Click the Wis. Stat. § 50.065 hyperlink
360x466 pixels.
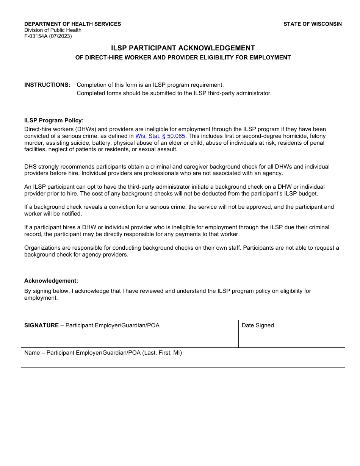pos(160,136)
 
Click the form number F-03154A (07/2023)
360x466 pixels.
pos(48,36)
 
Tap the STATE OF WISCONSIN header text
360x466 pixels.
pos(313,24)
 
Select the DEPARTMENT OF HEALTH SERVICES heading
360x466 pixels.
pos(73,24)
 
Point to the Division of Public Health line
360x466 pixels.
pos(53,30)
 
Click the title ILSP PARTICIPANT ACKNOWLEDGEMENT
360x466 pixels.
pos(183,48)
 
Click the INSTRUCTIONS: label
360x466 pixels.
pos(47,85)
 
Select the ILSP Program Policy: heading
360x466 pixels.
pos(54,120)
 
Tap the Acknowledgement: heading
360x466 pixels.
pos(51,281)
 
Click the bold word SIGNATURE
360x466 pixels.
pos(41,325)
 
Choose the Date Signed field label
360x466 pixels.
pos(258,325)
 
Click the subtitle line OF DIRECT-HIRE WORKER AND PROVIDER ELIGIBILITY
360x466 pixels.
pos(183,58)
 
